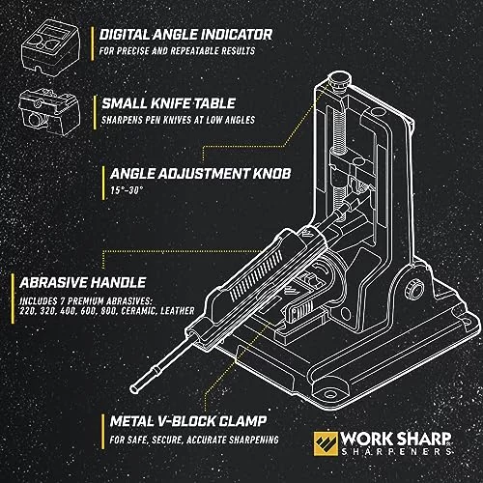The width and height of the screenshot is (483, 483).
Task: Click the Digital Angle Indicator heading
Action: click(x=185, y=35)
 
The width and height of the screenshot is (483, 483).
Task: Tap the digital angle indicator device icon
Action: click(x=50, y=47)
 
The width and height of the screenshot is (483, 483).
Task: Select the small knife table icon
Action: click(x=49, y=111)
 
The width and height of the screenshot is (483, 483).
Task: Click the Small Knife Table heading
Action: click(x=168, y=103)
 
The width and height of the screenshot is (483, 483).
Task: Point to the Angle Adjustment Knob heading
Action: click(x=200, y=174)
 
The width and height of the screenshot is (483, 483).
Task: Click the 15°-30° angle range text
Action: click(x=127, y=190)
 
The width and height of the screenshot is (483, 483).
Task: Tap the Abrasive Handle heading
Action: click(x=83, y=283)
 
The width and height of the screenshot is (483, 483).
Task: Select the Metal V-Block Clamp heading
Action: click(x=188, y=421)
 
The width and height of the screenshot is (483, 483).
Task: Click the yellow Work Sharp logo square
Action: click(x=326, y=443)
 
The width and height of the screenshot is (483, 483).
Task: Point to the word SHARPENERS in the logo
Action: click(x=396, y=451)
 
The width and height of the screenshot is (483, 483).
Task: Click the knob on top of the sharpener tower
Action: click(x=339, y=80)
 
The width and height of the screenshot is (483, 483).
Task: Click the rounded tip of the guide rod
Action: click(x=135, y=388)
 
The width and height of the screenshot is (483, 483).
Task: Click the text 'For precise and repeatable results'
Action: click(x=177, y=51)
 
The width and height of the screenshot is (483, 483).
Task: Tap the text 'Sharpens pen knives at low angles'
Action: click(x=178, y=120)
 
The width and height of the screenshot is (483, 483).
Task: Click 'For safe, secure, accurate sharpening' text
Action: click(x=194, y=440)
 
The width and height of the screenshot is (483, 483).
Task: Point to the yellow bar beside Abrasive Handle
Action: click(x=13, y=298)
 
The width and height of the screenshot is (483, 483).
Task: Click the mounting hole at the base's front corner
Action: click(x=329, y=394)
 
